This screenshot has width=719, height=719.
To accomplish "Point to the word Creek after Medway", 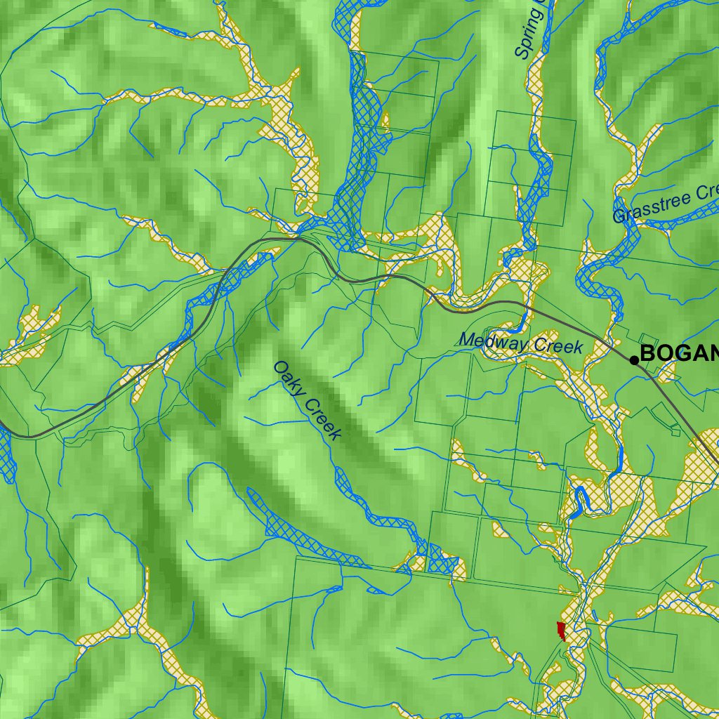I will [x=558, y=345].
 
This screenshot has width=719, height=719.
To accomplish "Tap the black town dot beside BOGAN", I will [x=634, y=360].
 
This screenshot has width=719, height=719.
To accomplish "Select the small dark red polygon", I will [x=561, y=630].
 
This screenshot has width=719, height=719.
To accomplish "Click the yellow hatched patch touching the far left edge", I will [x=21, y=337].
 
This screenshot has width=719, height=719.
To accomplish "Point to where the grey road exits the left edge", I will [x=2, y=425].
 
